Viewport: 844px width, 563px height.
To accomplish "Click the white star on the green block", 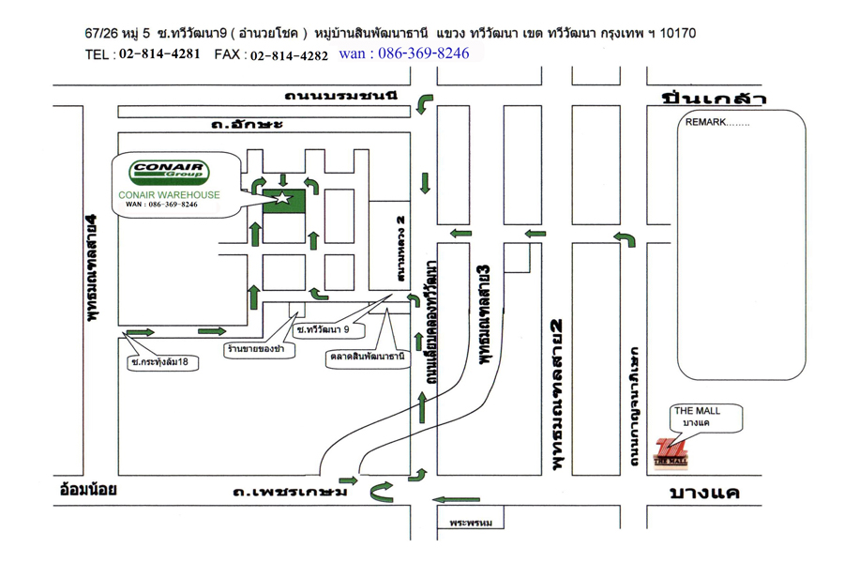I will coord(279,197).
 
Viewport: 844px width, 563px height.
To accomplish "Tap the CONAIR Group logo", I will coord(170,172).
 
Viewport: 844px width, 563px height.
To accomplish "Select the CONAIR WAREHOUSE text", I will coord(170,195).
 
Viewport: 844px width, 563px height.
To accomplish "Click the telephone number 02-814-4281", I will coord(159,54).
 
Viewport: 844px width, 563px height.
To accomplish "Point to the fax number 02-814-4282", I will coord(289,55).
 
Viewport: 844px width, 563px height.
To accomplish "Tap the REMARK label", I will coord(716,123).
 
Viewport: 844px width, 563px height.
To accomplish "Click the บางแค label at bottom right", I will coord(704,494).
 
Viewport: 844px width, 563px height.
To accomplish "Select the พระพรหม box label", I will coord(470,522).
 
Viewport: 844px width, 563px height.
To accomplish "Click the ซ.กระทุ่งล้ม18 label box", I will coord(165,360).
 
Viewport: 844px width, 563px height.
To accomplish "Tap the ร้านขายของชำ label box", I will coord(261,349).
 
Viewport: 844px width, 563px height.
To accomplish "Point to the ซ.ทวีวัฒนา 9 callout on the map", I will coord(323,329).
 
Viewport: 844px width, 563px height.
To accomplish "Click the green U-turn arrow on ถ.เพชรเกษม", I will coord(381,491).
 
